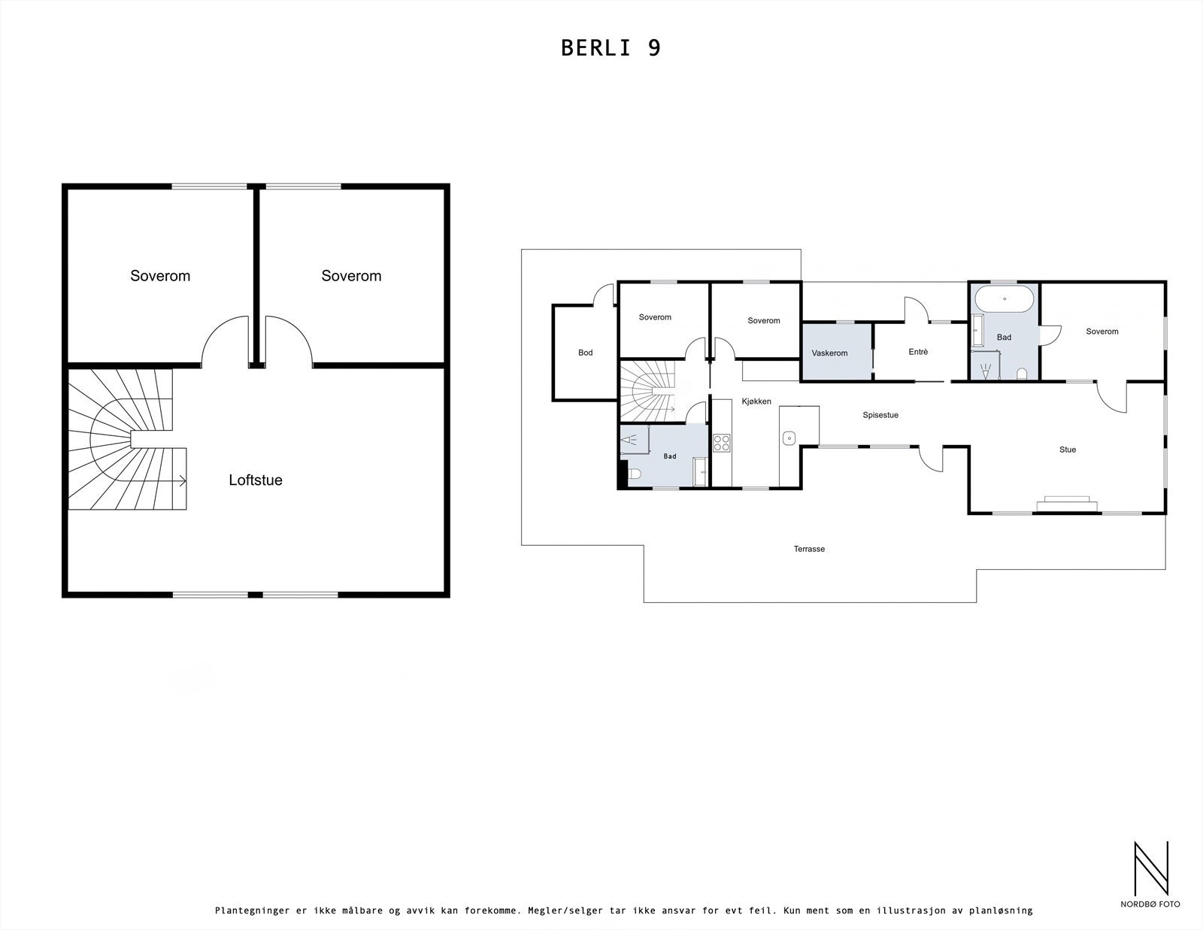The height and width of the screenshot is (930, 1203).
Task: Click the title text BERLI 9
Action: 611,48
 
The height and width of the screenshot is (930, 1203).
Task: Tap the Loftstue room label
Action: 256,480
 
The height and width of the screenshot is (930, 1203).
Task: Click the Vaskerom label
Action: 829,353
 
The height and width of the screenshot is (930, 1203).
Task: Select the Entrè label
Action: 918,351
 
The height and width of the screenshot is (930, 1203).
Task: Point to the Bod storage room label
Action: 585,352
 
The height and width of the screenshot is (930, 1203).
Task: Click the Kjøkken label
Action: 756,401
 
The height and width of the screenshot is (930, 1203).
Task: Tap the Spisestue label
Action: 880,415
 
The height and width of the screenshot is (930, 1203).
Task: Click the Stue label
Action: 1068,450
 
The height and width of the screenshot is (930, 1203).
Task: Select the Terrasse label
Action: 809,549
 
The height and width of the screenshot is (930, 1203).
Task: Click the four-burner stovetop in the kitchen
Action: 722,443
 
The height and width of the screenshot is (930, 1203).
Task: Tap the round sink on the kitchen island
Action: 789,437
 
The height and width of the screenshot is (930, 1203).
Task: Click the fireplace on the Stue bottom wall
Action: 1066,503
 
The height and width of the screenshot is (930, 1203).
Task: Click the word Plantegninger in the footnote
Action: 252,910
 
